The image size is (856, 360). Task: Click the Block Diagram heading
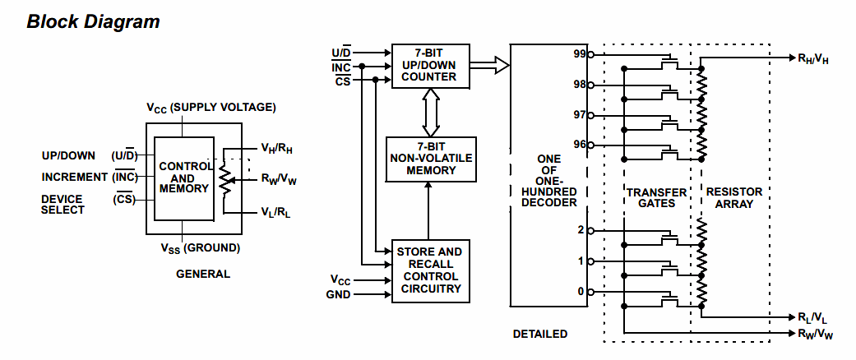(94, 22)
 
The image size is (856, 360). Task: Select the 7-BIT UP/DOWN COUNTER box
(431, 66)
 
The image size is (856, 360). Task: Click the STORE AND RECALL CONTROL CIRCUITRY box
(431, 270)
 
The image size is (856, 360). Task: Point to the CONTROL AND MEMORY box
(183, 178)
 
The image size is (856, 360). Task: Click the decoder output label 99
(580, 54)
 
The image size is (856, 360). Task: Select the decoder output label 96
(580, 145)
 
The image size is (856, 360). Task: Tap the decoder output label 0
(581, 291)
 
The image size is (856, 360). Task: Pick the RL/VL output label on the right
(813, 317)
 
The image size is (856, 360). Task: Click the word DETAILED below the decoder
(540, 334)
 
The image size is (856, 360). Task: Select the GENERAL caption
(202, 274)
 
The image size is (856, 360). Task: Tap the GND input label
(339, 294)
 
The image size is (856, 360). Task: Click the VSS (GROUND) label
(200, 248)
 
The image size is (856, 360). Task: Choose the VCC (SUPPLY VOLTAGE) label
(211, 108)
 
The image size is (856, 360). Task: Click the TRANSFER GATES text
(656, 197)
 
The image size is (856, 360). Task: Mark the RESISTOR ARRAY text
(734, 197)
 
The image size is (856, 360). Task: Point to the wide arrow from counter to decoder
(490, 66)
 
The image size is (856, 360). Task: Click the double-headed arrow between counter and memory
(431, 113)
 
